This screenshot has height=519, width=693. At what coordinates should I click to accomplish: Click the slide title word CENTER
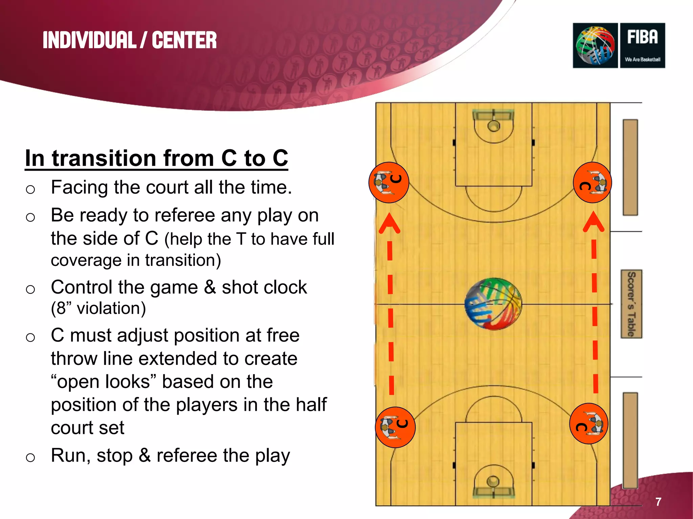[x=184, y=40]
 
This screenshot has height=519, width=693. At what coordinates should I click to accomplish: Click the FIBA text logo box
[x=642, y=45]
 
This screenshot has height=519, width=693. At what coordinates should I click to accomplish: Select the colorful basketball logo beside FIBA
[x=595, y=45]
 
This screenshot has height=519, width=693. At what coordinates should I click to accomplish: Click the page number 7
[x=658, y=502]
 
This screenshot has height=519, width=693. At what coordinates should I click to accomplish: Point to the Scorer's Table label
[x=631, y=304]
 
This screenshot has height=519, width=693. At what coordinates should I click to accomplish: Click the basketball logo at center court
[x=493, y=304]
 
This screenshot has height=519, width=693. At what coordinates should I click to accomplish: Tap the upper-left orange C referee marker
[x=389, y=182]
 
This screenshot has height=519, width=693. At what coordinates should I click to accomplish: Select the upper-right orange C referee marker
[x=593, y=182]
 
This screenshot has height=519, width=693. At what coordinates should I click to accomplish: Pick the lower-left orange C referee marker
[x=395, y=427]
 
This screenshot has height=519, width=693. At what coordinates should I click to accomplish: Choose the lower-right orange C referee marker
[x=589, y=424]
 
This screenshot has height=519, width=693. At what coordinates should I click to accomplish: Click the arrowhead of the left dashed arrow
[x=389, y=223]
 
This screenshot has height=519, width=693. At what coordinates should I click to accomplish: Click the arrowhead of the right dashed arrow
[x=594, y=222]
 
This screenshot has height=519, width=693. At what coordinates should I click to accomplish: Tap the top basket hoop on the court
[x=494, y=126]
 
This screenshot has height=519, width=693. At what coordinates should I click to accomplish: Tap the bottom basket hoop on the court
[x=493, y=481]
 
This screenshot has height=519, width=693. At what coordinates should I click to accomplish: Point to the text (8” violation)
[x=98, y=308]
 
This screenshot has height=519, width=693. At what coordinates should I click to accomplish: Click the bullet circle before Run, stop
[x=30, y=458]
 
